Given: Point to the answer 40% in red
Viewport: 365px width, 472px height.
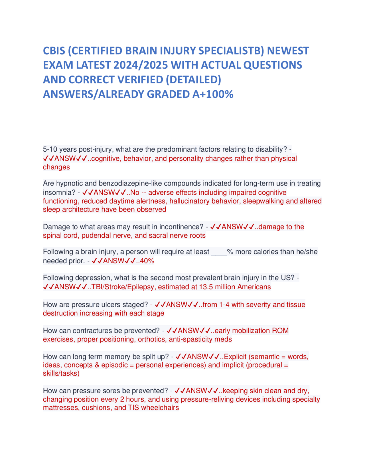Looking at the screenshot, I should tap(147, 261).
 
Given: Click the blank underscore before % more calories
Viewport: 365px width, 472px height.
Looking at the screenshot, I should tap(219, 252).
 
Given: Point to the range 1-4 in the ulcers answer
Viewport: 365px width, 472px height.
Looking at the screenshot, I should tap(224, 305).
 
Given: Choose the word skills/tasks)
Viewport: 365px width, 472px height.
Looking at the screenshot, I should tap(61, 373).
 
